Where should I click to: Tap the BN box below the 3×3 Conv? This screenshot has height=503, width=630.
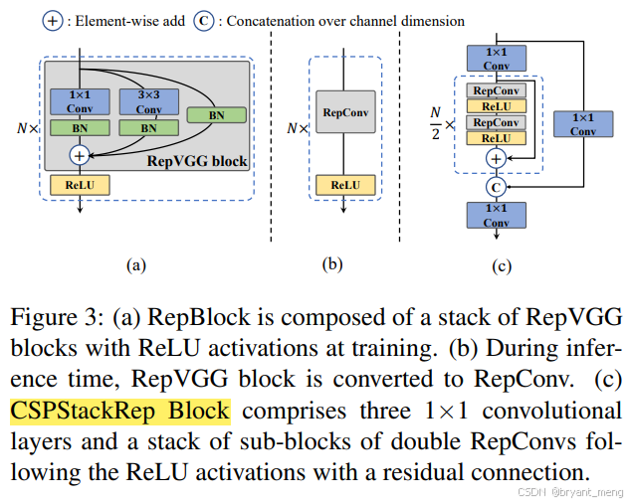tap(148, 128)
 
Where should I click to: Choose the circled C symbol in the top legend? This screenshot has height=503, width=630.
tap(204, 20)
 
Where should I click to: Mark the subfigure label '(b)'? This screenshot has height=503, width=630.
tap(331, 263)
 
